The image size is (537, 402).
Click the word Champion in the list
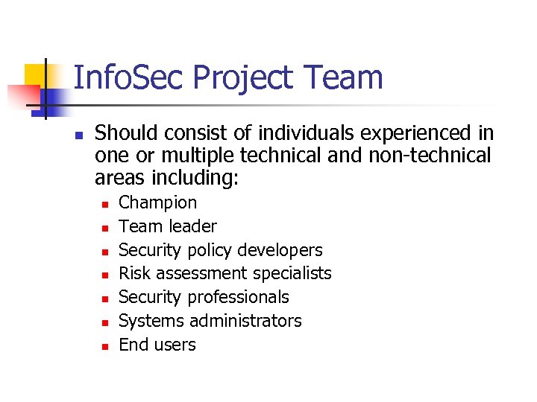[x=158, y=202]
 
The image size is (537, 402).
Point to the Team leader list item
[x=168, y=226]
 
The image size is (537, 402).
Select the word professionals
[x=238, y=297]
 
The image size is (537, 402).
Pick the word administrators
[x=245, y=321]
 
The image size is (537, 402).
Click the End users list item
[x=157, y=345]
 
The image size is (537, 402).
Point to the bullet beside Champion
[x=104, y=204]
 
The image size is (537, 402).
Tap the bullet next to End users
[x=104, y=346]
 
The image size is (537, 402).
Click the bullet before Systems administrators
[x=104, y=322]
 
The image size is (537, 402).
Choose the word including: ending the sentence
[x=199, y=178]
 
